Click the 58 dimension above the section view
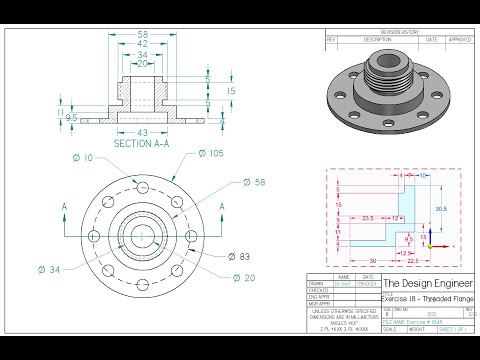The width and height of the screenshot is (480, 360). [x=143, y=34]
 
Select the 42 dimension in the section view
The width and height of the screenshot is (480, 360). [x=143, y=44]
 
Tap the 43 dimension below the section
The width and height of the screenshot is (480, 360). [x=142, y=132]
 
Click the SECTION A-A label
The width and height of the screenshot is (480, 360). [x=143, y=144]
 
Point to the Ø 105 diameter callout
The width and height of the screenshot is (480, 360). [x=214, y=153]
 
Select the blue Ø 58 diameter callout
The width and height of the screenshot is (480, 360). [x=253, y=184]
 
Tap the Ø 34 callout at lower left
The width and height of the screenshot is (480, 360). [x=49, y=268]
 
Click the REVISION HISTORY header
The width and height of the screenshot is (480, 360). [x=400, y=32]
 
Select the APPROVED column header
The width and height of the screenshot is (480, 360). [x=459, y=39]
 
